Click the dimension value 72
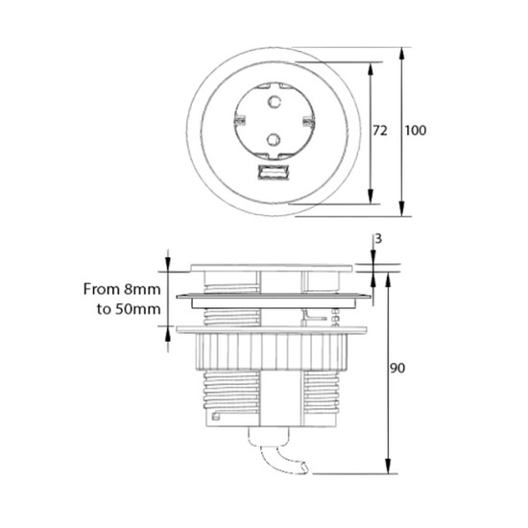click(380, 131)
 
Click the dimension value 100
click(415, 131)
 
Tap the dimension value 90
click(397, 368)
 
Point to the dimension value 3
click(378, 239)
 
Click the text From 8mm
click(122, 289)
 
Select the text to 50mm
click(129, 309)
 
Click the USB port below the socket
click(274, 172)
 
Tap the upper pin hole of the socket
click(275, 102)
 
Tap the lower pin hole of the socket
click(274, 139)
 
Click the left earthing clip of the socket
click(239, 120)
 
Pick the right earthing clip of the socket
click(308, 121)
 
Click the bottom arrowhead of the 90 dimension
click(388, 467)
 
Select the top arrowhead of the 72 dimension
click(371, 69)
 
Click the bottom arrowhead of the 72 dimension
click(371, 197)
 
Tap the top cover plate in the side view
click(272, 268)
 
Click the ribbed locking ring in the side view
click(272, 351)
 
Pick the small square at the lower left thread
click(215, 417)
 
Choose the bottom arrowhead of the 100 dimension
click(401, 208)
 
